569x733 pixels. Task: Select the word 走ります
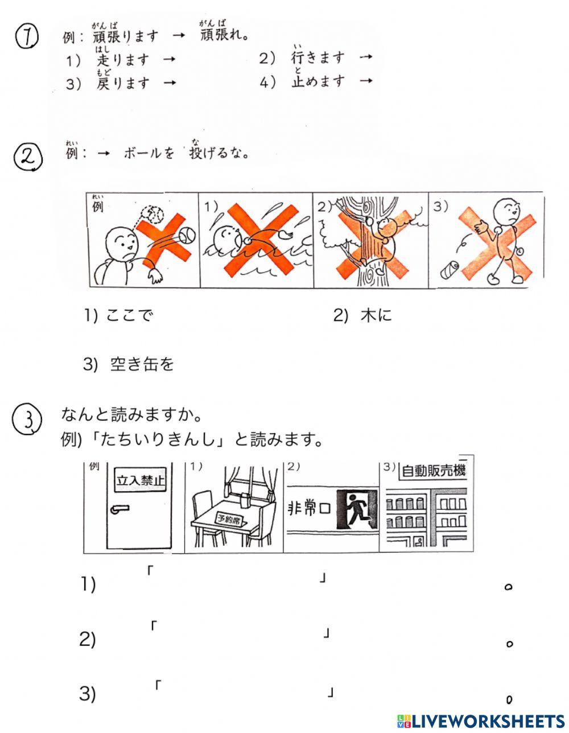click(x=123, y=59)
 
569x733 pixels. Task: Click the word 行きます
click(x=318, y=57)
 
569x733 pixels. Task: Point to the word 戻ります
click(x=123, y=83)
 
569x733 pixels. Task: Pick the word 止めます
click(x=318, y=81)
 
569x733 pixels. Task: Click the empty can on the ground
click(x=450, y=269)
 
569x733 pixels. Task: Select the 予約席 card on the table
click(x=229, y=518)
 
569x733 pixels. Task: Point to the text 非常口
click(x=309, y=508)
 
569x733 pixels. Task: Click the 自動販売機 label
click(x=432, y=471)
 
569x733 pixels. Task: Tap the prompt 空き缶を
click(x=142, y=364)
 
